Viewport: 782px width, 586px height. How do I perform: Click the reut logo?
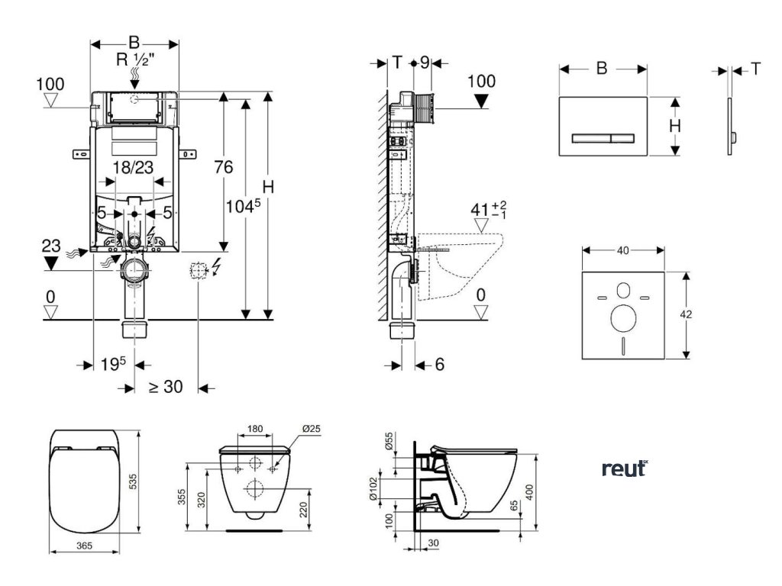point(624,468)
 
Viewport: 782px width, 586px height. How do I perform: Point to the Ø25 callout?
point(310,429)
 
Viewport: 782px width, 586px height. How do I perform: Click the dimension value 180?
point(255,429)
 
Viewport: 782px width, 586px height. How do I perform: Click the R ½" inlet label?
point(134,60)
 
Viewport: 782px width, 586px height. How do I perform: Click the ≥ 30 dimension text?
point(166,387)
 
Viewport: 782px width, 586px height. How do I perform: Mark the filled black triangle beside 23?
point(51,263)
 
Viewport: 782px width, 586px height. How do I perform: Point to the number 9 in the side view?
point(425,63)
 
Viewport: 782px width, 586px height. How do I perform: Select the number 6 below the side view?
point(440,365)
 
